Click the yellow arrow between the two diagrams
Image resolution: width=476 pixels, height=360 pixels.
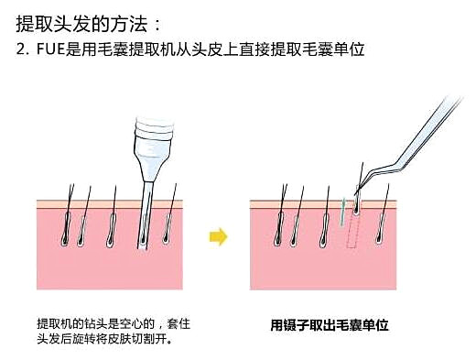(x=219, y=237)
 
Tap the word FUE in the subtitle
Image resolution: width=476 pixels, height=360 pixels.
(x=51, y=49)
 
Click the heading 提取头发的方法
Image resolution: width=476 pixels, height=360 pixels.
(x=81, y=24)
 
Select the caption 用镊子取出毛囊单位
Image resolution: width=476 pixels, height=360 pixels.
(x=330, y=325)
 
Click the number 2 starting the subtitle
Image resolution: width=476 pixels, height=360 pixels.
(x=20, y=49)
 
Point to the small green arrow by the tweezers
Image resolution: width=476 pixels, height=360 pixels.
(x=343, y=213)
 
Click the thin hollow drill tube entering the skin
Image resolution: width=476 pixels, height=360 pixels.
(x=145, y=215)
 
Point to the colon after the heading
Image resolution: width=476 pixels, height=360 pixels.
(x=157, y=25)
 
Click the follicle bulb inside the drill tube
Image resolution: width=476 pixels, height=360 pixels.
(x=143, y=240)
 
